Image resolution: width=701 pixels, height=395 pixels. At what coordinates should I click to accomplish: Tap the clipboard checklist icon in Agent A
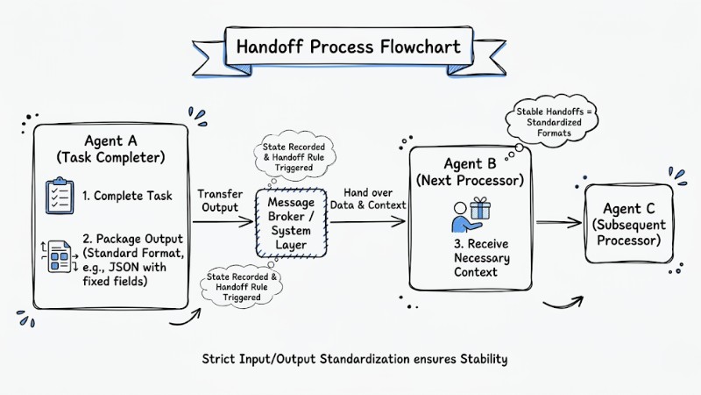(60, 196)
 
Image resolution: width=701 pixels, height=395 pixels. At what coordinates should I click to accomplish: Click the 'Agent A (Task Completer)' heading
(112, 148)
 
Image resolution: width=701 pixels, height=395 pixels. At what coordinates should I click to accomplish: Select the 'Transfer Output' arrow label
(219, 201)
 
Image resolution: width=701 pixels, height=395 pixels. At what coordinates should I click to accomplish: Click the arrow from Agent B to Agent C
(558, 223)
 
